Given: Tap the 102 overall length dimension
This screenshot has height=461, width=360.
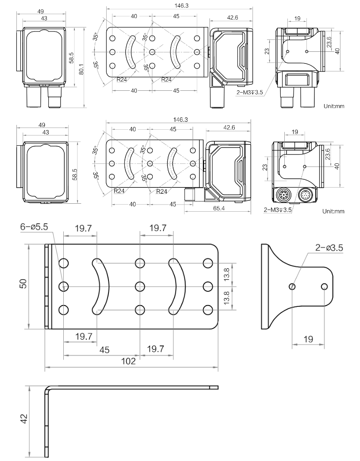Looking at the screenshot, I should pos(128,361).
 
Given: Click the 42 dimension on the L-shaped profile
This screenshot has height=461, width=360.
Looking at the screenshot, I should pos(24,418).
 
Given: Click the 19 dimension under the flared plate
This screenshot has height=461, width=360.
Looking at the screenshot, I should pos(308,339).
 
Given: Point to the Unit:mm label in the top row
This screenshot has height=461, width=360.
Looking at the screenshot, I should pos(333,106).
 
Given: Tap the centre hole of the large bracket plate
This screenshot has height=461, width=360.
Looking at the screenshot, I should pos(140,286).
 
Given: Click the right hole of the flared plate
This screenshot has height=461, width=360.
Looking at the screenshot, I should pos(325,287).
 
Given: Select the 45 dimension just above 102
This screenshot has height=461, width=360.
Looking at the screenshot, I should pos(104,350).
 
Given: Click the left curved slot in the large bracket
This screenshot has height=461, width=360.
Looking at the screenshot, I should pos(101,286).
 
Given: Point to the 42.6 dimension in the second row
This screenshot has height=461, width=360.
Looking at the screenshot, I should pos(229,128).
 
